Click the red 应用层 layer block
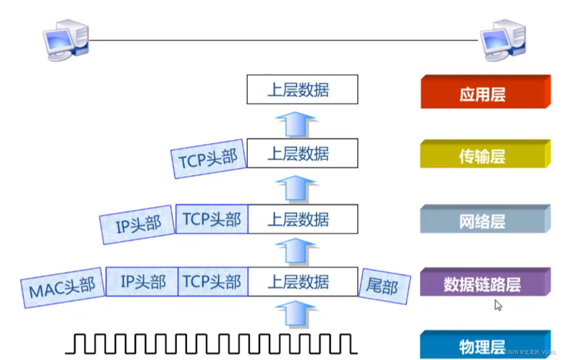(484, 93)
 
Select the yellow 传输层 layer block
(484, 155)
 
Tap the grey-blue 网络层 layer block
(484, 220)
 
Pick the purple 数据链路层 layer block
(484, 283)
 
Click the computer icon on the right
(503, 40)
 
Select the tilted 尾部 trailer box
(384, 284)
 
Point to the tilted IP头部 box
(138, 224)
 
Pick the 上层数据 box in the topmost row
(302, 89)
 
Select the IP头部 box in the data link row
(142, 282)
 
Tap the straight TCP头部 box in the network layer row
(212, 219)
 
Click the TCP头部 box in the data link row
(213, 282)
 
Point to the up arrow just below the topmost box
(295, 124)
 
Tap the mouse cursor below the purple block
(498, 305)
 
